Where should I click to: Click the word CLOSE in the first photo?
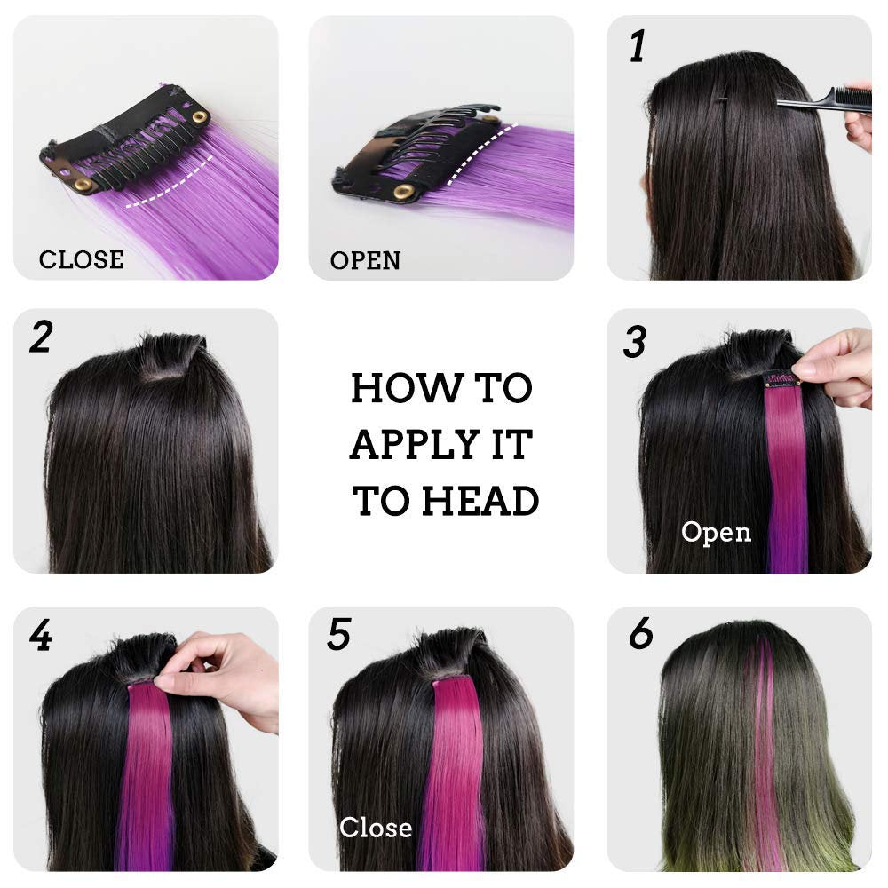tap(81, 259)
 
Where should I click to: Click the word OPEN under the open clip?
tap(365, 260)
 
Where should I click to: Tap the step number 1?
tap(637, 46)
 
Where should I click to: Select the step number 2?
tap(40, 337)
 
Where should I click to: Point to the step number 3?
tap(634, 342)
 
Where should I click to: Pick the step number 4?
tap(40, 636)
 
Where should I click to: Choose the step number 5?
tap(339, 635)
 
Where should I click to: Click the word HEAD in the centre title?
tap(480, 501)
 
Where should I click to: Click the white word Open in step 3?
tap(716, 532)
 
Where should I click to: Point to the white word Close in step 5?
tap(376, 828)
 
